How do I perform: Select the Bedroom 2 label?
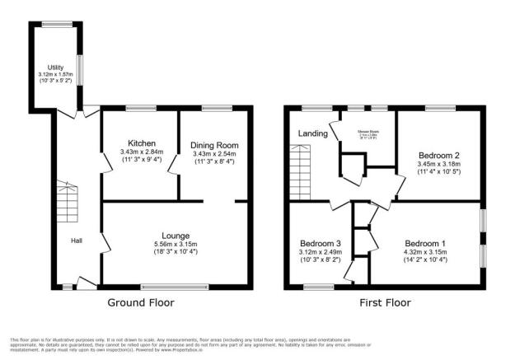(x=439, y=155)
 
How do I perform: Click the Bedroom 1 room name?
(x=426, y=243)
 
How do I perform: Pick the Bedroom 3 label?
(x=320, y=243)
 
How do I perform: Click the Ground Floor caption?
(x=142, y=302)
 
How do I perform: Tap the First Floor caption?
(x=385, y=302)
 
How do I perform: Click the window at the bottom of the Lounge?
(x=170, y=287)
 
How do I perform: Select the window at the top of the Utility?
(x=57, y=23)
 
